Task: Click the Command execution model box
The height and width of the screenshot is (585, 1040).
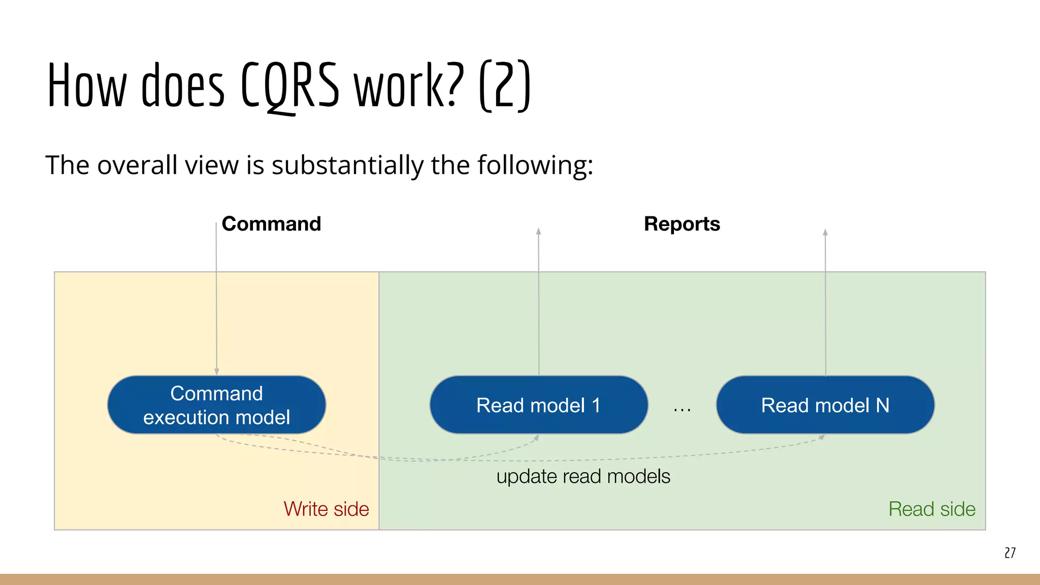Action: pos(216,405)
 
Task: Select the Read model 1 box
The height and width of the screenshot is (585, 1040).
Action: pos(538,405)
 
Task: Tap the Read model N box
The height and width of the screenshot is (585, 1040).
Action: pos(825,405)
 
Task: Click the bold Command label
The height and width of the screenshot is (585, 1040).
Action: pos(271,224)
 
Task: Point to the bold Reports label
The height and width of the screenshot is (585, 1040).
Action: pos(681,224)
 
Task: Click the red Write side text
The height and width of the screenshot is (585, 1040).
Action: pos(326,509)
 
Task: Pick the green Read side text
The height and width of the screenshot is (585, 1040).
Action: pos(932,509)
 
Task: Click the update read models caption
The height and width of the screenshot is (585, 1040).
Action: pos(583,476)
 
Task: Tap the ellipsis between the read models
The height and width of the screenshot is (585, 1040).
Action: pos(682,409)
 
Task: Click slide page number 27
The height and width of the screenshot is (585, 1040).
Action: pos(1010,552)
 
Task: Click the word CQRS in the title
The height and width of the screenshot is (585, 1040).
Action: pos(289,85)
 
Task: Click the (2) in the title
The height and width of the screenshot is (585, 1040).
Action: pos(505,85)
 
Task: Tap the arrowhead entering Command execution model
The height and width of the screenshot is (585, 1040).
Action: pos(217,372)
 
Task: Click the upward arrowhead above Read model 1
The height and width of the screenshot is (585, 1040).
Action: pos(539,232)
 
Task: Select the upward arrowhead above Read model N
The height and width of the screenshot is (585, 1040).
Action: pos(825,233)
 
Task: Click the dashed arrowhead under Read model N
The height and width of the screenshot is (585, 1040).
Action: pos(822,437)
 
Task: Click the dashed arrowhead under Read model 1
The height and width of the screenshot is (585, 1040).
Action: pos(536,438)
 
